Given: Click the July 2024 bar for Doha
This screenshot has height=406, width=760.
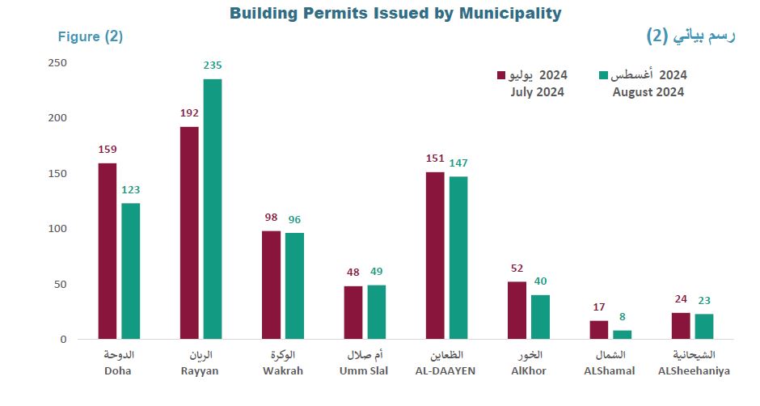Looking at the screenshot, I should [x=108, y=251].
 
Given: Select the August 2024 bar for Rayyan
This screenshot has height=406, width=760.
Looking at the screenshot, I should [x=213, y=209].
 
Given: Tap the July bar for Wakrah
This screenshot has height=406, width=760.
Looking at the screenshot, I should [x=271, y=285].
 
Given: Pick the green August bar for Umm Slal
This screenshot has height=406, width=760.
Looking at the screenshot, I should [x=377, y=312].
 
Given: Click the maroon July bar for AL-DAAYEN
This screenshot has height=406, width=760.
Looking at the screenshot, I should [x=435, y=256].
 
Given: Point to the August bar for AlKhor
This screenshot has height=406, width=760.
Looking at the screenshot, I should [x=540, y=317].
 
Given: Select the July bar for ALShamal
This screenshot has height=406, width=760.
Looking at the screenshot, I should [x=599, y=330].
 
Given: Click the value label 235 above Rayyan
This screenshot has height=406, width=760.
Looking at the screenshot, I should [x=213, y=66].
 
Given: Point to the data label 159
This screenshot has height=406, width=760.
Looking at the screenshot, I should [x=108, y=150].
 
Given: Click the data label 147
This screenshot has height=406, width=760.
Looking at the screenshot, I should [x=458, y=163].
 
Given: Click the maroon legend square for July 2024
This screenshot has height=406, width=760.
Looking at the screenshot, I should [x=501, y=75].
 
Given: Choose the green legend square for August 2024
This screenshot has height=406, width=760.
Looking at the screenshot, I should [x=602, y=75].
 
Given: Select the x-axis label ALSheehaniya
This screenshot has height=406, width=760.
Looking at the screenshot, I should [x=694, y=371].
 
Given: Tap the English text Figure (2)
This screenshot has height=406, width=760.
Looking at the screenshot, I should [x=90, y=37].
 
